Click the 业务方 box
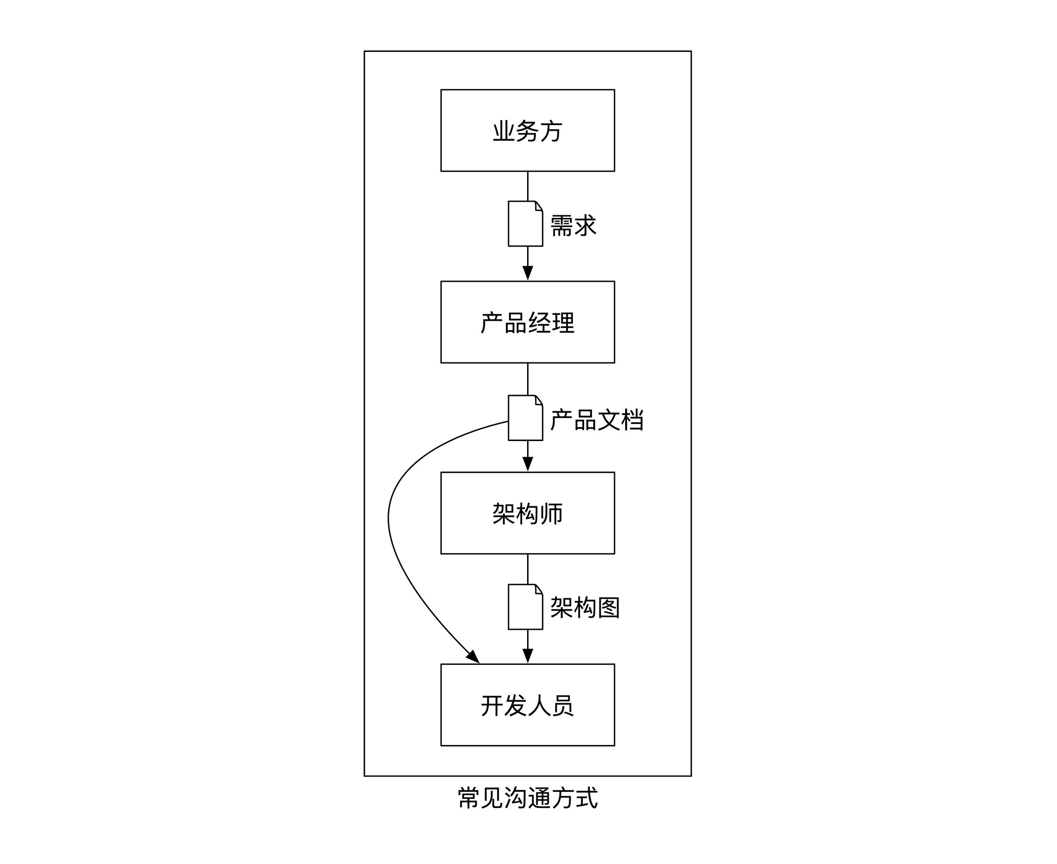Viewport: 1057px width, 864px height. point(528,131)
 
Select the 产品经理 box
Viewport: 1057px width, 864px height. point(528,322)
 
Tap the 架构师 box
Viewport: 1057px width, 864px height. point(528,513)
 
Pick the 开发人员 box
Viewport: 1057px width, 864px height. point(528,705)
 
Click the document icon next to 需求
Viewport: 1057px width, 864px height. point(525,224)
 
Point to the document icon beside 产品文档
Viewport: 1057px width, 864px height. point(525,418)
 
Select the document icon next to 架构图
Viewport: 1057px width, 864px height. point(525,607)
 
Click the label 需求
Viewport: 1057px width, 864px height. point(573,225)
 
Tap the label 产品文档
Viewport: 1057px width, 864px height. point(597,420)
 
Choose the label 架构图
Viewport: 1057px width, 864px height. point(585,608)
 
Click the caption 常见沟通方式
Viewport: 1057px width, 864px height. point(528,798)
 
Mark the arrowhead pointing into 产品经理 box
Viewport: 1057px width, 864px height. point(528,273)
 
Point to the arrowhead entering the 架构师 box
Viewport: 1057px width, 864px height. point(528,464)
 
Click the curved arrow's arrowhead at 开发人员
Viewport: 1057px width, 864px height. point(473,657)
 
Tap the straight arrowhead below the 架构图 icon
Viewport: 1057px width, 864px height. point(528,656)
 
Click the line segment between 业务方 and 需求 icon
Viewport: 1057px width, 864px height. point(528,186)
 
